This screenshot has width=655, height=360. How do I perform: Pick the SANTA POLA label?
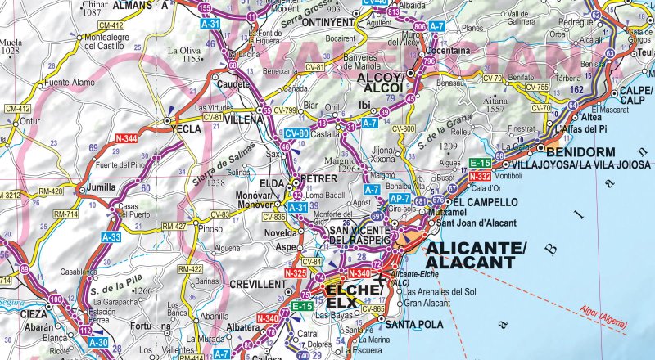coord(415,324)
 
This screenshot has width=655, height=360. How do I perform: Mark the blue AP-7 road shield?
coord(399,199)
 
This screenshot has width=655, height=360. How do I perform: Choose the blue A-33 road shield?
coord(112,236)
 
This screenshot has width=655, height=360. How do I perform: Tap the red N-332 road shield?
coord(481,176)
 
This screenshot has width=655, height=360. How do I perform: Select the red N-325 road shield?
coord(295,272)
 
